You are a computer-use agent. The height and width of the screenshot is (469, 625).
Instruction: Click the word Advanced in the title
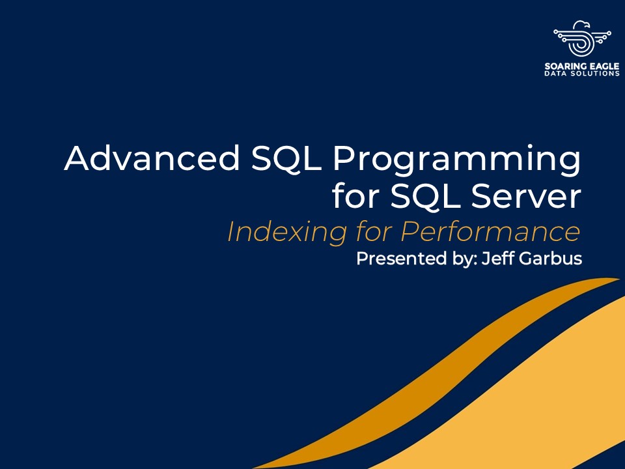[152, 158]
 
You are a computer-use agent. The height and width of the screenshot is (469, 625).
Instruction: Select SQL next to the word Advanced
[286, 159]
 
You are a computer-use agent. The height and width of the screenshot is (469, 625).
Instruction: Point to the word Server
[526, 196]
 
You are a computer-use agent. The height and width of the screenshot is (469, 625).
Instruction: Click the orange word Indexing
[287, 232]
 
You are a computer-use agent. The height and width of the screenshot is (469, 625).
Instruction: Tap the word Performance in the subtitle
[490, 231]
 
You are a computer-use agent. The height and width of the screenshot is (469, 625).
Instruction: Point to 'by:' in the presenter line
[465, 259]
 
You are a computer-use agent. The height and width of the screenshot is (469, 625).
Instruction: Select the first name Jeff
[498, 258]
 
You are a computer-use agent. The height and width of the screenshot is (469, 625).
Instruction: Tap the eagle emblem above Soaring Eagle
[583, 38]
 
